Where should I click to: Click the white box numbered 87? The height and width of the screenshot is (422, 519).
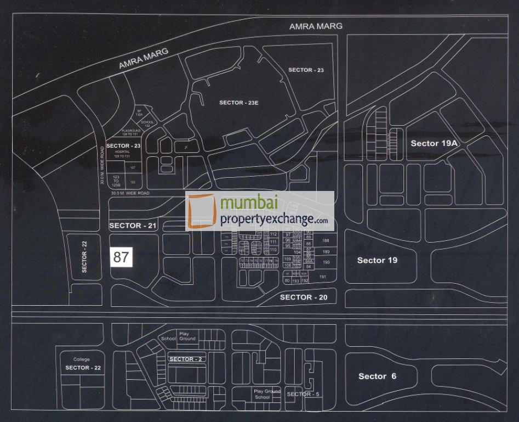tap(122, 257)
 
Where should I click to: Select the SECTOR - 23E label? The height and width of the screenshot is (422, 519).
tap(238, 103)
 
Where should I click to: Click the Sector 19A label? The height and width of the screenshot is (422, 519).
tap(434, 143)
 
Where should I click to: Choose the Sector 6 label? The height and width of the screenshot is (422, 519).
tap(377, 376)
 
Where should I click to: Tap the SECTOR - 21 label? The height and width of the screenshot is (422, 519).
tap(133, 226)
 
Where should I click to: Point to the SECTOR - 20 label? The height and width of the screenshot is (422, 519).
tap(304, 297)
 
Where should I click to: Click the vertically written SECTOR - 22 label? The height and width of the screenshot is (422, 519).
tap(84, 257)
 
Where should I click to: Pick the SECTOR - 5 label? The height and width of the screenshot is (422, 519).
tap(303, 394)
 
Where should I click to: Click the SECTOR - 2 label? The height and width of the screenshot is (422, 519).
tap(185, 359)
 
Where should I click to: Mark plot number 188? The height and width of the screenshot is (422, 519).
tap(326, 241)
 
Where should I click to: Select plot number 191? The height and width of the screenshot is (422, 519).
tap(323, 277)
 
